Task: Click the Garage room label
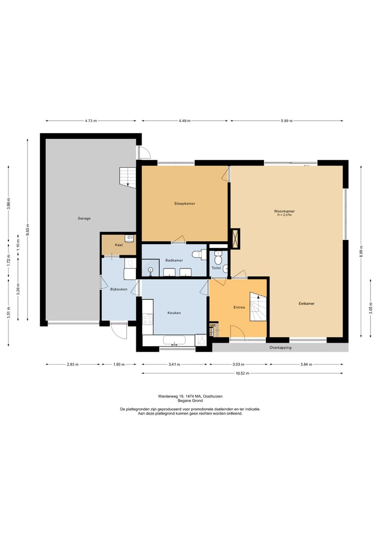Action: coord(84,218)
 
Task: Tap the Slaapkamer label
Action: coord(185,204)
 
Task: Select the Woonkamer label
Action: coord(284,211)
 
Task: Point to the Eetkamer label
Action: coord(306,304)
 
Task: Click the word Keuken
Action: coord(174,312)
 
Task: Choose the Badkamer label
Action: coord(174,260)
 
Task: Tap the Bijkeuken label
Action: coord(119,289)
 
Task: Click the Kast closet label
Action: coord(119,245)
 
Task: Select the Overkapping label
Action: coord(281,348)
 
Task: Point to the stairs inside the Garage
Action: coord(128,176)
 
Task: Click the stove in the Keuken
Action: coord(147,320)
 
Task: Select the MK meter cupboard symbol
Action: coord(213,326)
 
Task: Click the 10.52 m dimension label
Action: coord(243,374)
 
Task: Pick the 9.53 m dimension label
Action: coord(28,229)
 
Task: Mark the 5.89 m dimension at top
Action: coord(286,121)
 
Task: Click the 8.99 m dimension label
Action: coord(361,251)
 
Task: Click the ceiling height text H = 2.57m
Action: coord(284,215)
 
